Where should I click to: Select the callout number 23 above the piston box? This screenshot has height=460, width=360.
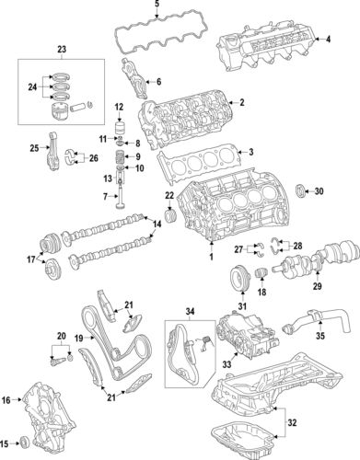coord(62,48)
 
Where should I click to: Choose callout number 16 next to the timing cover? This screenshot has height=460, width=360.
coord(7,400)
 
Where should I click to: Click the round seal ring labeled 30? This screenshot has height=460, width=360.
coord(298,191)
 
